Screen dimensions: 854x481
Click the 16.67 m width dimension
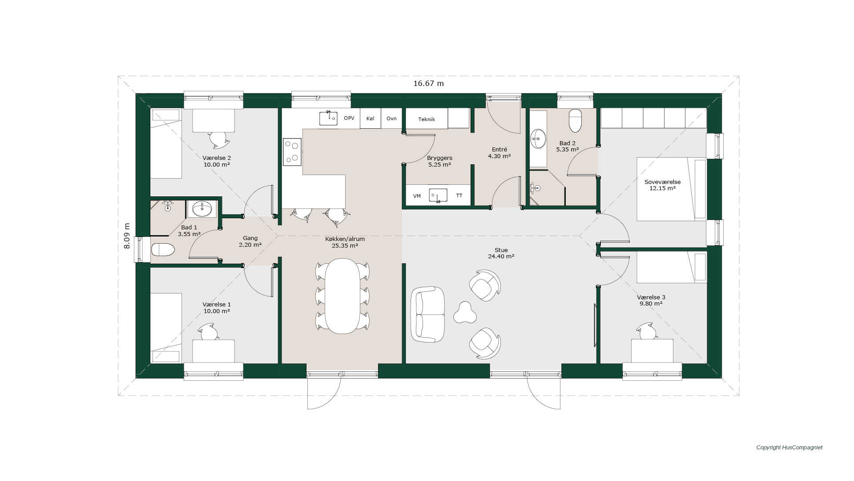click(428, 83)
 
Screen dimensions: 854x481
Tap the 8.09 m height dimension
click(127, 236)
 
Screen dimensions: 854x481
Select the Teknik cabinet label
click(427, 119)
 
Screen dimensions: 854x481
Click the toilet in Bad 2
click(575, 120)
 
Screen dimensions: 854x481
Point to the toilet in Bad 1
click(163, 249)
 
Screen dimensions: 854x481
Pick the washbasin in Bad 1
click(202, 208)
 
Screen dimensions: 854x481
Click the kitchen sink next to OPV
click(328, 118)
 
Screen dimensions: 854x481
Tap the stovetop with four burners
click(292, 152)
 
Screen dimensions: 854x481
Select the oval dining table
click(342, 296)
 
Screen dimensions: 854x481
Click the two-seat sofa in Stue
click(427, 314)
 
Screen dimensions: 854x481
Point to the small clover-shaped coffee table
click(465, 312)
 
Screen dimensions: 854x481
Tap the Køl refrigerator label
click(370, 118)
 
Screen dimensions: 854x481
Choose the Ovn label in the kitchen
click(391, 118)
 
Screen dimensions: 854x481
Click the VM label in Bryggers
click(417, 196)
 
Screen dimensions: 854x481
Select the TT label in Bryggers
click(459, 196)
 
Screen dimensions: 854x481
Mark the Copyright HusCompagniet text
click(790, 448)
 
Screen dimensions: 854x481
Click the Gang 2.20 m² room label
click(250, 241)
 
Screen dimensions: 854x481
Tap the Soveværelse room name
click(662, 182)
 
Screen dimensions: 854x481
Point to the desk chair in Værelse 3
click(647, 331)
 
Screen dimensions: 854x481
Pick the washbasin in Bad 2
click(538, 139)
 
